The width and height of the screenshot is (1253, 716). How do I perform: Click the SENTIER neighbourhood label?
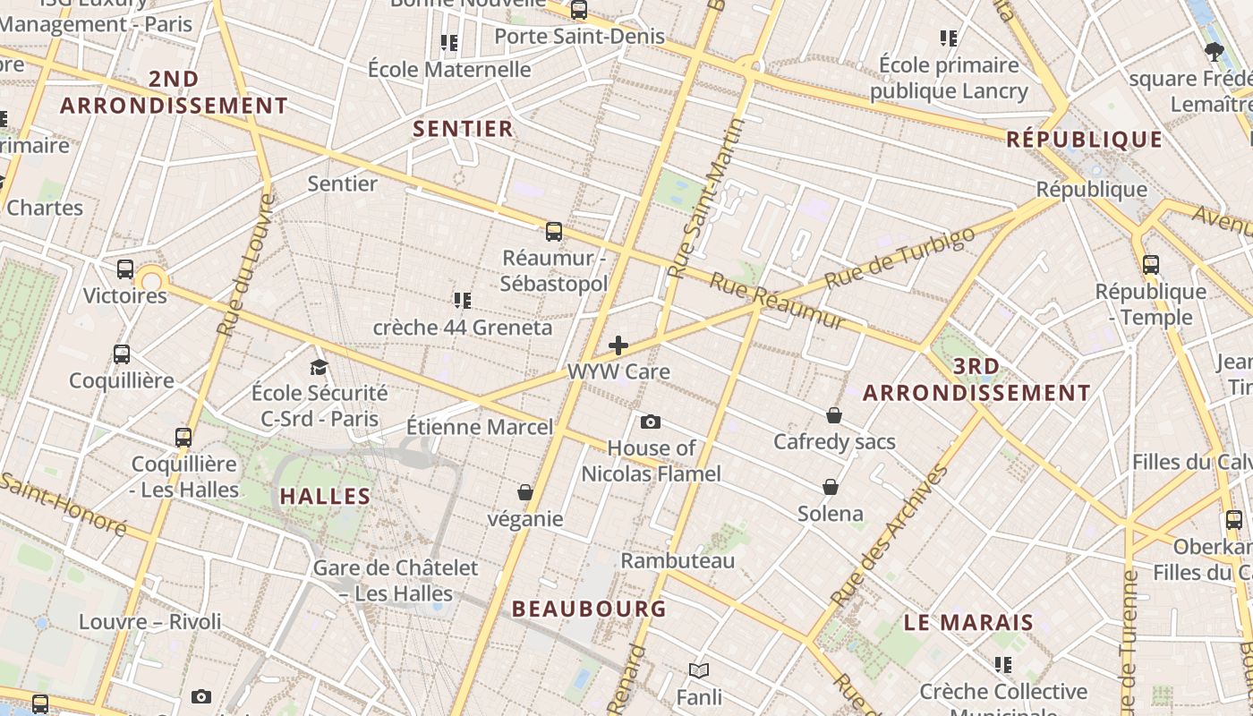click(x=463, y=129)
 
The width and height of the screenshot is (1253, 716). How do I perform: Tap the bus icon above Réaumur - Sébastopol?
click(x=554, y=232)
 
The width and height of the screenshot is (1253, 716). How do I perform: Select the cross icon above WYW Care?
click(x=618, y=345)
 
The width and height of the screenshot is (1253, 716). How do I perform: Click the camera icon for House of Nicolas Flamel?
click(x=651, y=422)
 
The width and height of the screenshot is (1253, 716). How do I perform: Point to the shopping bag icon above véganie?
click(x=525, y=492)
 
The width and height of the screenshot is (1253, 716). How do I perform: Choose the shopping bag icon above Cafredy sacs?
click(x=834, y=415)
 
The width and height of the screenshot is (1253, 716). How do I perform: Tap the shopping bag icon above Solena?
click(x=831, y=487)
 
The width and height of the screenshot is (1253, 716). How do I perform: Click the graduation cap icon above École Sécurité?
click(x=319, y=367)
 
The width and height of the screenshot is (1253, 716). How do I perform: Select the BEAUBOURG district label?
click(x=589, y=609)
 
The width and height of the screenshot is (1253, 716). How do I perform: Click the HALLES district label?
click(x=325, y=496)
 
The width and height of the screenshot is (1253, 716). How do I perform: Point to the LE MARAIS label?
click(x=968, y=622)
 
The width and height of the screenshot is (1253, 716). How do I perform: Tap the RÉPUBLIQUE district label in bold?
click(x=1084, y=140)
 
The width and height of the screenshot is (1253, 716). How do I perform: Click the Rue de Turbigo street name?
click(x=899, y=258)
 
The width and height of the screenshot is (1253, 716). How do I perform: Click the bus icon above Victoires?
click(x=125, y=268)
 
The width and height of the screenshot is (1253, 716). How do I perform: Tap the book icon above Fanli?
click(x=699, y=670)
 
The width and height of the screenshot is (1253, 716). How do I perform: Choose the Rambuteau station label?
click(x=678, y=561)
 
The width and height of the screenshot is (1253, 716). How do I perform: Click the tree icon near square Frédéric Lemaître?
click(x=1215, y=51)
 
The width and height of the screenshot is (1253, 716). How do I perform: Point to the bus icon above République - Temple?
click(x=1151, y=265)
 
